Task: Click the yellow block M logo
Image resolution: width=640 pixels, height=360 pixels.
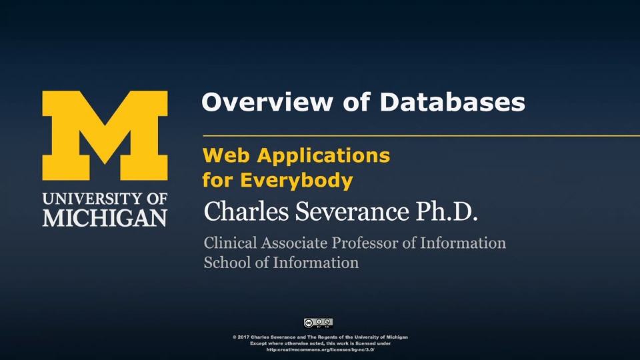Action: click(x=105, y=135)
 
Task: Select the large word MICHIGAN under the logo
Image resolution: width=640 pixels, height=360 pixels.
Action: click(x=105, y=218)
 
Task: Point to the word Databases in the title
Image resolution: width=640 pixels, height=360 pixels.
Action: click(x=452, y=101)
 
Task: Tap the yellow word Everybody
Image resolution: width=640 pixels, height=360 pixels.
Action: click(x=296, y=181)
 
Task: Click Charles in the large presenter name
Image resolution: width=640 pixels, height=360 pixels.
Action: click(x=246, y=211)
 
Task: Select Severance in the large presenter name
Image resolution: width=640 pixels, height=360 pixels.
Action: click(x=352, y=211)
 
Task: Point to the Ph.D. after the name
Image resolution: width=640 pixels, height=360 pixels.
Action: click(x=447, y=211)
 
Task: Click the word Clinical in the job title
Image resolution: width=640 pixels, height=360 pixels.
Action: click(x=231, y=243)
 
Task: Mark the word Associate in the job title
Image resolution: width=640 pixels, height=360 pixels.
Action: click(x=294, y=243)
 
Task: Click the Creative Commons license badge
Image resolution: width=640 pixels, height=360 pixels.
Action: click(x=319, y=323)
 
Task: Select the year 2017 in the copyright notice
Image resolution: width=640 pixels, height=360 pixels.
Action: click(x=243, y=337)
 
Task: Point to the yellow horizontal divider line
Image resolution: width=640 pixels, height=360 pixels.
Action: click(x=421, y=135)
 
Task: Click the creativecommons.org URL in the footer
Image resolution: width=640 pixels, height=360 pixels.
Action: click(x=321, y=350)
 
